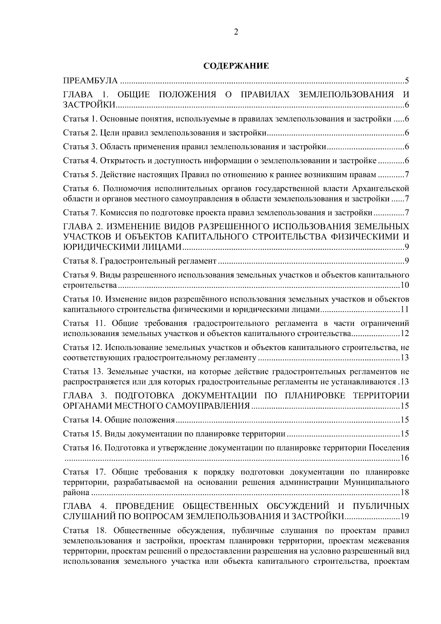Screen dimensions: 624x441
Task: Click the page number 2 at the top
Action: (x=236, y=32)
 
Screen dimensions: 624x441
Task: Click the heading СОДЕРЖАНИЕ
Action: (x=236, y=66)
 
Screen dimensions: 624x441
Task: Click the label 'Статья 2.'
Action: (x=76, y=133)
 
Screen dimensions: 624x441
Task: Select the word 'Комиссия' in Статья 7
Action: (x=115, y=213)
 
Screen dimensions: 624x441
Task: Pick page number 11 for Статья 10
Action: (x=405, y=310)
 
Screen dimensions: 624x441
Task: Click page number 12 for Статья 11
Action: (x=405, y=334)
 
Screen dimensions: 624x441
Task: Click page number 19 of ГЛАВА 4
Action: (x=405, y=516)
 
